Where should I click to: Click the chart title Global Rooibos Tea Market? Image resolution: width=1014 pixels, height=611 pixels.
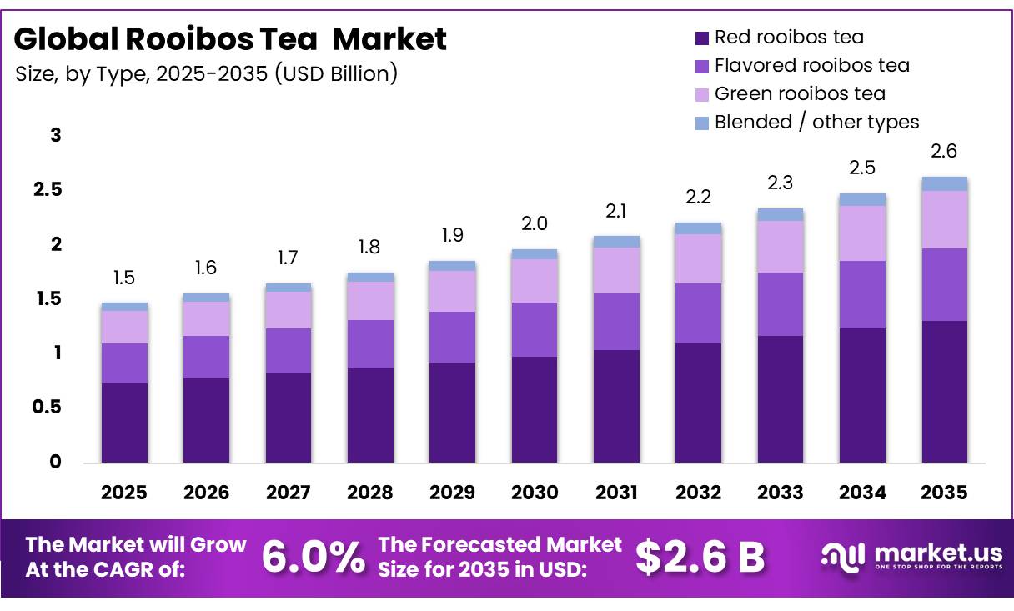tap(230, 38)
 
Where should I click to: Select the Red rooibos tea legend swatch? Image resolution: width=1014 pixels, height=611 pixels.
tap(701, 38)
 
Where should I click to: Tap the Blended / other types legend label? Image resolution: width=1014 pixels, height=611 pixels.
tap(816, 122)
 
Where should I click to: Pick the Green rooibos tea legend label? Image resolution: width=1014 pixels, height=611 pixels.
tap(800, 93)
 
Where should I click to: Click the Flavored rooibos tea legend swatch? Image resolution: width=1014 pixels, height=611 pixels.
tap(701, 67)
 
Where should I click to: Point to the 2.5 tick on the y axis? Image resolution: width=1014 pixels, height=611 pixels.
tap(48, 190)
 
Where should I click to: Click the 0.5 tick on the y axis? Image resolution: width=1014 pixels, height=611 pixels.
tap(47, 407)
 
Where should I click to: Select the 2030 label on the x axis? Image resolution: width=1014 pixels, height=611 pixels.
tap(535, 493)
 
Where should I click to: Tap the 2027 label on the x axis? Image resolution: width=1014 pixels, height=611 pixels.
tap(289, 493)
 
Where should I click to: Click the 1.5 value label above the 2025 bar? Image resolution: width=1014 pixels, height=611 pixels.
tap(124, 278)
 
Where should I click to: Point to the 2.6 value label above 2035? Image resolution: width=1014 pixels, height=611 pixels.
tap(944, 151)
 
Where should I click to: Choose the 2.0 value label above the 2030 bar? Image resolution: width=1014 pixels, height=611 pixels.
tap(535, 223)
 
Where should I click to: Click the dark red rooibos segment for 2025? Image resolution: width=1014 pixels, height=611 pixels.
tap(124, 423)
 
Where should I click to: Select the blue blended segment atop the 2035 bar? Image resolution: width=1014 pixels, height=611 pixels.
tap(944, 183)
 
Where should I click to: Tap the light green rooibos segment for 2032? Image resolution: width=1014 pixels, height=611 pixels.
tap(698, 259)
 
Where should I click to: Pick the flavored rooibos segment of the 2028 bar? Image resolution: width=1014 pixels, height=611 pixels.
tap(370, 344)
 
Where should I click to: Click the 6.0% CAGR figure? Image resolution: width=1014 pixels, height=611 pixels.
tap(314, 557)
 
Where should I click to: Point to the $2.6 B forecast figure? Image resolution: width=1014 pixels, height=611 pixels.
tap(700, 557)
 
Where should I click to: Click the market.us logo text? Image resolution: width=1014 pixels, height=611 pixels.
tap(938, 553)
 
